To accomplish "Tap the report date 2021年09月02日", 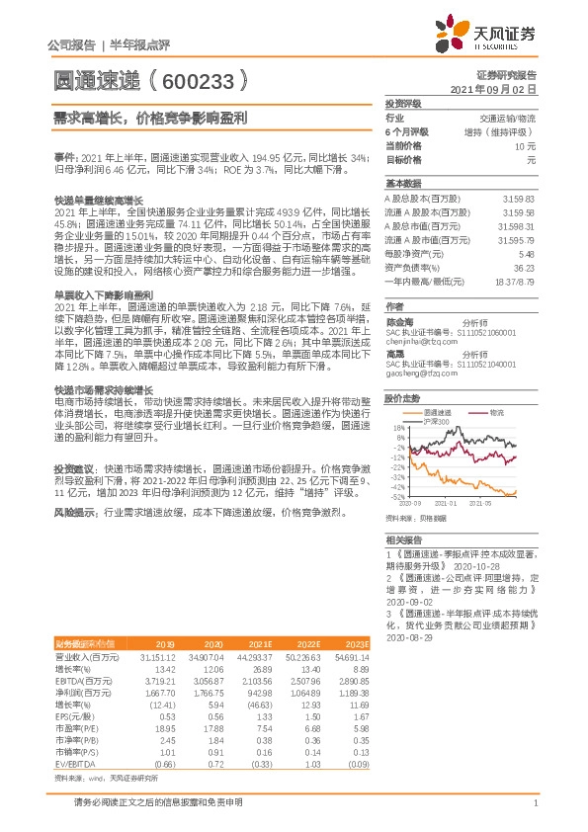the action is tap(499, 88).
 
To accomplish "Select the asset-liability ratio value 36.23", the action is tap(523, 267).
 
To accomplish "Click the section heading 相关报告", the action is tap(402, 541).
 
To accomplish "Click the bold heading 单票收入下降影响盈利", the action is tap(103, 294).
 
